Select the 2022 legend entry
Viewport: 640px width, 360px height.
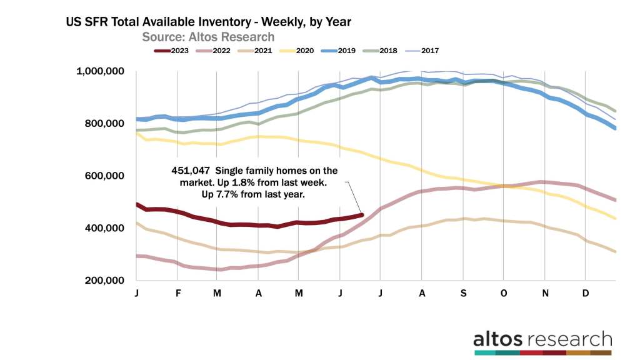coord(225,51)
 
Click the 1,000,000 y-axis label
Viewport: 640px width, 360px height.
coord(99,72)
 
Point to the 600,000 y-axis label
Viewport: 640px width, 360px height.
coord(104,176)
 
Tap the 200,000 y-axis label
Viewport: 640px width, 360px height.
coord(104,281)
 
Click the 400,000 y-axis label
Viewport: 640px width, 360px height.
coord(104,229)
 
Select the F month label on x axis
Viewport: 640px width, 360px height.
coord(177,293)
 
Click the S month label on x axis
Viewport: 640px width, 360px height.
coord(463,293)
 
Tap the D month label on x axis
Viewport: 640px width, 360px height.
coord(586,293)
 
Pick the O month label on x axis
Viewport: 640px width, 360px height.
coord(504,293)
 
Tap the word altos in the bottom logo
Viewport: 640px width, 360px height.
coord(496,339)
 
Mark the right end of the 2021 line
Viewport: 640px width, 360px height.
coord(615,252)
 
